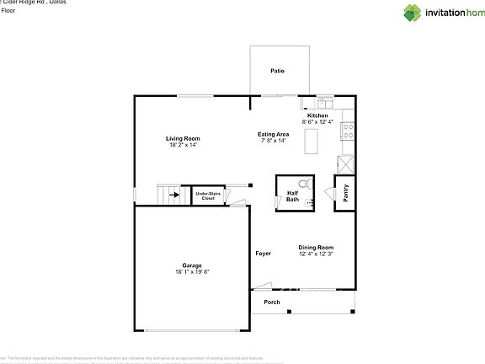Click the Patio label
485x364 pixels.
277,71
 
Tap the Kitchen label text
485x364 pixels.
329,115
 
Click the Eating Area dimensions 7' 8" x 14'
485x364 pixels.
273,141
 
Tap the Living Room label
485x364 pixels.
182,138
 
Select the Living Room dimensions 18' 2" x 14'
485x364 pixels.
182,145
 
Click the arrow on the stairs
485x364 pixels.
174,196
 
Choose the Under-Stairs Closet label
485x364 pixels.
208,196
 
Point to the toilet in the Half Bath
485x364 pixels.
307,183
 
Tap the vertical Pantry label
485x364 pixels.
345,192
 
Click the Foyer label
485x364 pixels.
264,253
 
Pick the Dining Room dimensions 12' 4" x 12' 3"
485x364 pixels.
316,254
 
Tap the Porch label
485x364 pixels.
272,302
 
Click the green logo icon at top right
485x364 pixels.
412,12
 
